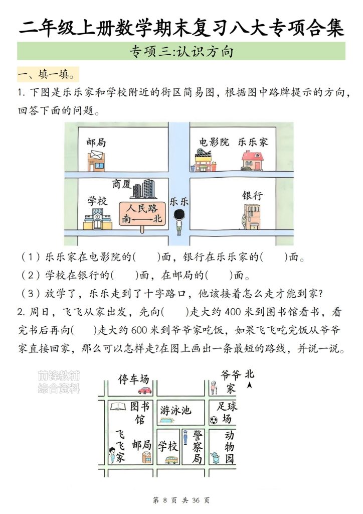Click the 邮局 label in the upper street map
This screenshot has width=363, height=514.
[x=96, y=142]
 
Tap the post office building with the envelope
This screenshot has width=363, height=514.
[x=96, y=160]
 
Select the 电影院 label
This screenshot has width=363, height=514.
[x=214, y=142]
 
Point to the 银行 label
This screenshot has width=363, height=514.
[x=252, y=195]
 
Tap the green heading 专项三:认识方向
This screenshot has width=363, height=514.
[x=181, y=51]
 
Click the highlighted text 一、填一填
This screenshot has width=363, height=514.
[x=48, y=75]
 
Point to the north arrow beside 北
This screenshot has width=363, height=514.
[x=250, y=385]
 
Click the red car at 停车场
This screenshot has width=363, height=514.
[x=144, y=390]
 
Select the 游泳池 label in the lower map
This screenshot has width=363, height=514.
[x=175, y=410]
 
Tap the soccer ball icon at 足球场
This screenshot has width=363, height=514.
[x=214, y=420]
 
